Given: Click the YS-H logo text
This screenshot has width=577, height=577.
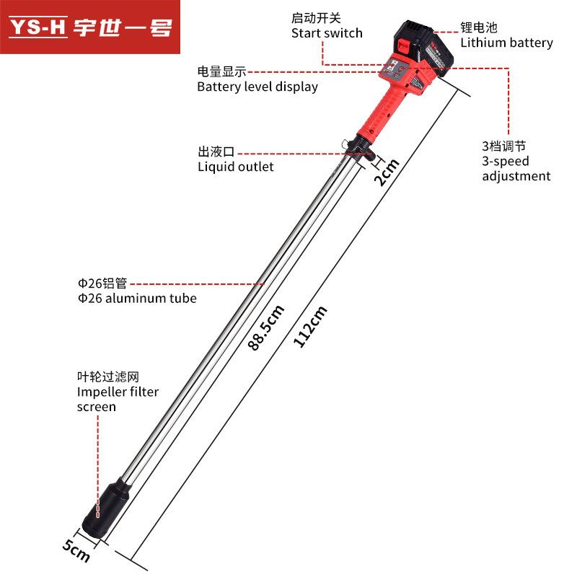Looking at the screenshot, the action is tap(38, 27).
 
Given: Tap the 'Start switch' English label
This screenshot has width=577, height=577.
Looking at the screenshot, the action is tap(327, 33).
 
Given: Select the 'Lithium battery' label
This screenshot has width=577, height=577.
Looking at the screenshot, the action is tap(507, 43).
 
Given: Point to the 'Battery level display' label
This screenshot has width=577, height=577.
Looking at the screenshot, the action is tap(257, 87).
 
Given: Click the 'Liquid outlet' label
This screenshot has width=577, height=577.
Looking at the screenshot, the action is tap(236, 167).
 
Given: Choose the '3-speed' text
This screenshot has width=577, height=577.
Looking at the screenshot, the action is tap(506, 161).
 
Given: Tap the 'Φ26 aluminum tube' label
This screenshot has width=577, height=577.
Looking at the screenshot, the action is tap(137, 298).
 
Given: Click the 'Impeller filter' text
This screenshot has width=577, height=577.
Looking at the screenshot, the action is tap(118, 392).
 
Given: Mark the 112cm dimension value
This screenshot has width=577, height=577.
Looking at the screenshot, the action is tap(310, 327).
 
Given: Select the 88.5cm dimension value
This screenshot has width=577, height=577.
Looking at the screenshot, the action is tap(265, 327).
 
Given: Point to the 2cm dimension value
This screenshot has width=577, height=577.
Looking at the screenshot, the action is tap(387, 172).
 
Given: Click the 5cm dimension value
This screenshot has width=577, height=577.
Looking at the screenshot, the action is tap(76, 551).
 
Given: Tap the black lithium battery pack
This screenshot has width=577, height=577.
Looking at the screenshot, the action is tap(424, 47).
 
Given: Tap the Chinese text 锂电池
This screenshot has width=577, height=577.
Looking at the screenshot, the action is tap(479, 27).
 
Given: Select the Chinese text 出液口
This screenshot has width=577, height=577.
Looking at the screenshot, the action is tap(216, 151).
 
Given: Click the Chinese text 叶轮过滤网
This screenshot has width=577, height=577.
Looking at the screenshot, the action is tap(108, 376).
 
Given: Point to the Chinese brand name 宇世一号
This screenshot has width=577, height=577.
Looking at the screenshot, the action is tap(123, 27).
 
